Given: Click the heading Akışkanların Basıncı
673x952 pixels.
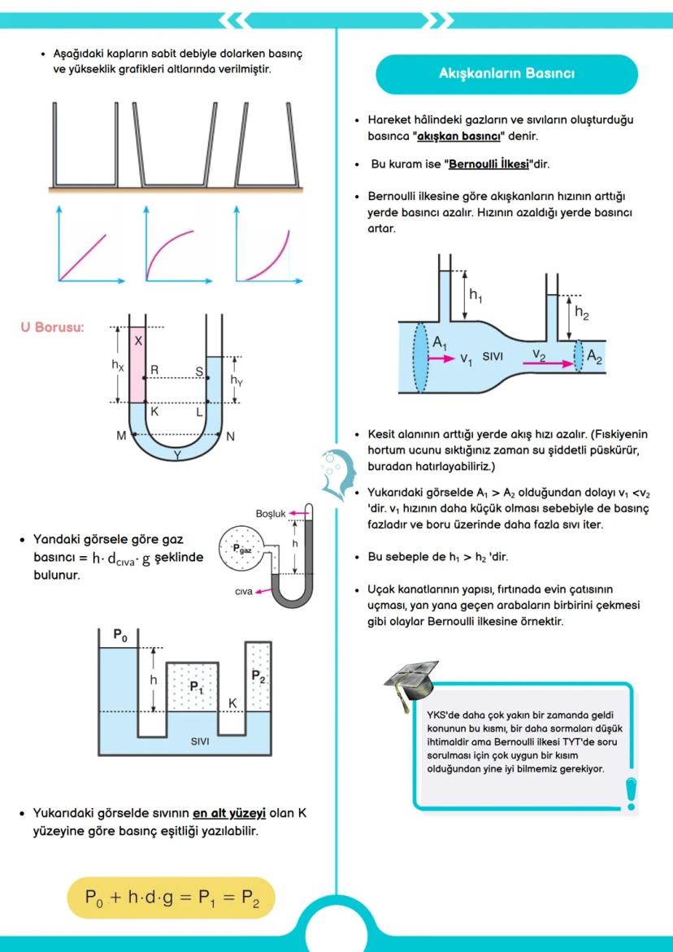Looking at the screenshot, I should (x=506, y=74).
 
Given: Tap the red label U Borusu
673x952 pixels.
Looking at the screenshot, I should (x=52, y=328).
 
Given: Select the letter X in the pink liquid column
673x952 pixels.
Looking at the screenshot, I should (x=138, y=341).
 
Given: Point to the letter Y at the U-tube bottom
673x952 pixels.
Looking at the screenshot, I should (x=177, y=455).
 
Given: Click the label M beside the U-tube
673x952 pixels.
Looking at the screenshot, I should (x=121, y=436).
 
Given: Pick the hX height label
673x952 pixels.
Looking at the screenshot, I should (x=118, y=365).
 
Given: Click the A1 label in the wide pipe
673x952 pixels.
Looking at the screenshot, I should (x=440, y=344).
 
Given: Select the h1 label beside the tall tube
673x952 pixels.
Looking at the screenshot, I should (x=475, y=295).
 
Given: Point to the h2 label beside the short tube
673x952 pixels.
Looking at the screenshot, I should (x=582, y=311).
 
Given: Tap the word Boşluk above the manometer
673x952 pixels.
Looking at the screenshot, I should (x=271, y=514).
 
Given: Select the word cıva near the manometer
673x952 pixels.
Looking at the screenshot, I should (x=244, y=592).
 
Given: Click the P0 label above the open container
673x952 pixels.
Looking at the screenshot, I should (x=120, y=635).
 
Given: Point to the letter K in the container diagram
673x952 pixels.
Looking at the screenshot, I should (x=232, y=702).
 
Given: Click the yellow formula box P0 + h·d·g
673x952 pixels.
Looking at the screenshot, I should (x=172, y=898).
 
